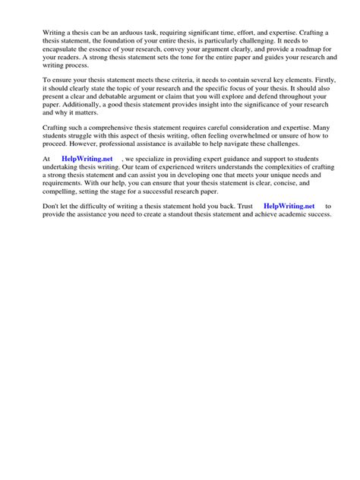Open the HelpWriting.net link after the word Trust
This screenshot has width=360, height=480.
click(288, 206)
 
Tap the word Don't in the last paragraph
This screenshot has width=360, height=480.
click(52, 206)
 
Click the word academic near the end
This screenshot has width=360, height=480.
click(298, 214)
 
